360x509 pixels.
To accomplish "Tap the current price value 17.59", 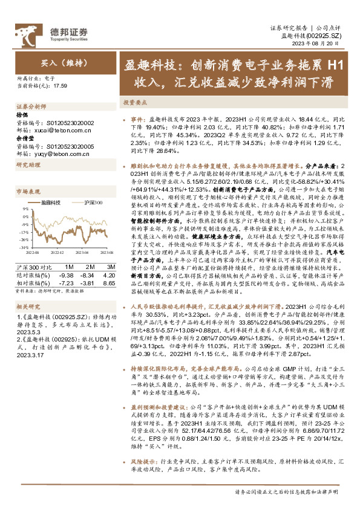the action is pyautogui.click(x=61, y=86).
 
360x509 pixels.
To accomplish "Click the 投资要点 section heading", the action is pyautogui.click(x=133, y=103).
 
